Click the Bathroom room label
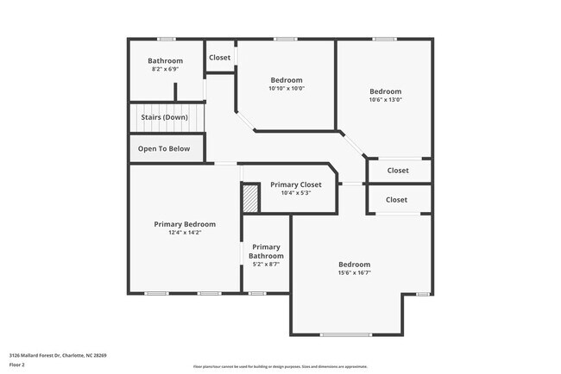(x=165, y=60)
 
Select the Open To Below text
(x=164, y=148)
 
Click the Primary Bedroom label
(x=185, y=224)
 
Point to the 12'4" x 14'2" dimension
(x=185, y=232)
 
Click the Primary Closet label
(x=296, y=184)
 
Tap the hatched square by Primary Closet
(x=249, y=200)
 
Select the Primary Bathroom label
(x=266, y=251)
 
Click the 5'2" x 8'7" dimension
(x=266, y=264)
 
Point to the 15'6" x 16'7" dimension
(x=354, y=273)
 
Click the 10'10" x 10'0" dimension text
(x=287, y=88)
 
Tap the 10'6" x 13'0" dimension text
(x=385, y=100)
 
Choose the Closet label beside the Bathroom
(x=219, y=58)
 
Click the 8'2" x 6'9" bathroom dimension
(x=165, y=69)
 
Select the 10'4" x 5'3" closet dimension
(x=296, y=193)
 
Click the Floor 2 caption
(x=17, y=365)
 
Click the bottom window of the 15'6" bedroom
(x=346, y=334)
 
